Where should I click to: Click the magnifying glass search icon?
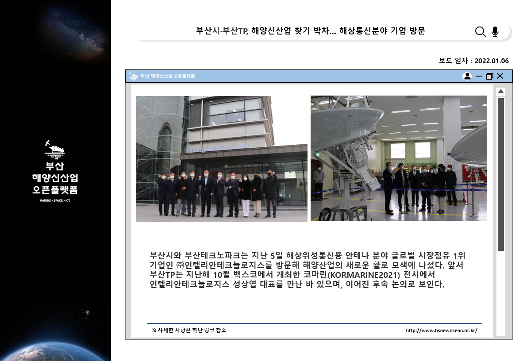480,31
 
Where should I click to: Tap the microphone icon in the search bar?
495,31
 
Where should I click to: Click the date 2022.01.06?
492,61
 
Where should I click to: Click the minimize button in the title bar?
479,76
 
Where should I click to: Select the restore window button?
489,76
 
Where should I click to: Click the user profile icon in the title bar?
467,76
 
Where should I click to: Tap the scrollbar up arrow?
500,92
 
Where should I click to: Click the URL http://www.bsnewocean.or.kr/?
441,330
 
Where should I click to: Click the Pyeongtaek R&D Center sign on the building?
218,149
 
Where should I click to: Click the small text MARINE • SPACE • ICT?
55,200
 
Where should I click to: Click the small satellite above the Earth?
86,313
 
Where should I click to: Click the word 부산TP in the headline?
235,31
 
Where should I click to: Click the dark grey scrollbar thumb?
500,174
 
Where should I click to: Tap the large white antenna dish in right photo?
347,120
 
